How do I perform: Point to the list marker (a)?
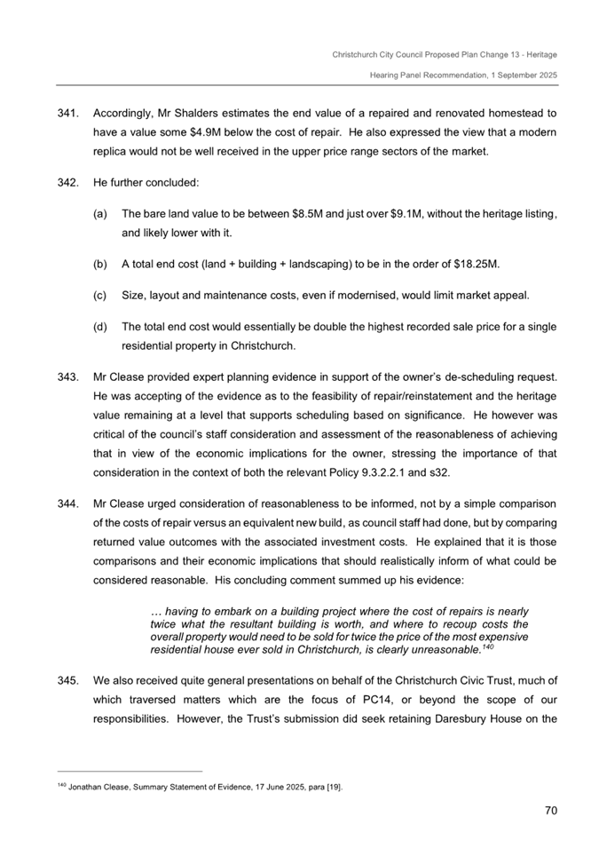(99, 214)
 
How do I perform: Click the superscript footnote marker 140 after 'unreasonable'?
(486, 646)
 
